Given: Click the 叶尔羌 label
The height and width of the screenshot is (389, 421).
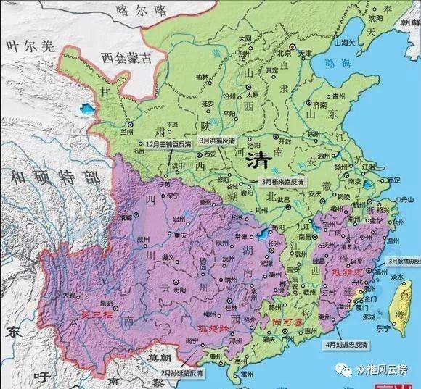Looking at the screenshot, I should (29, 46).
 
